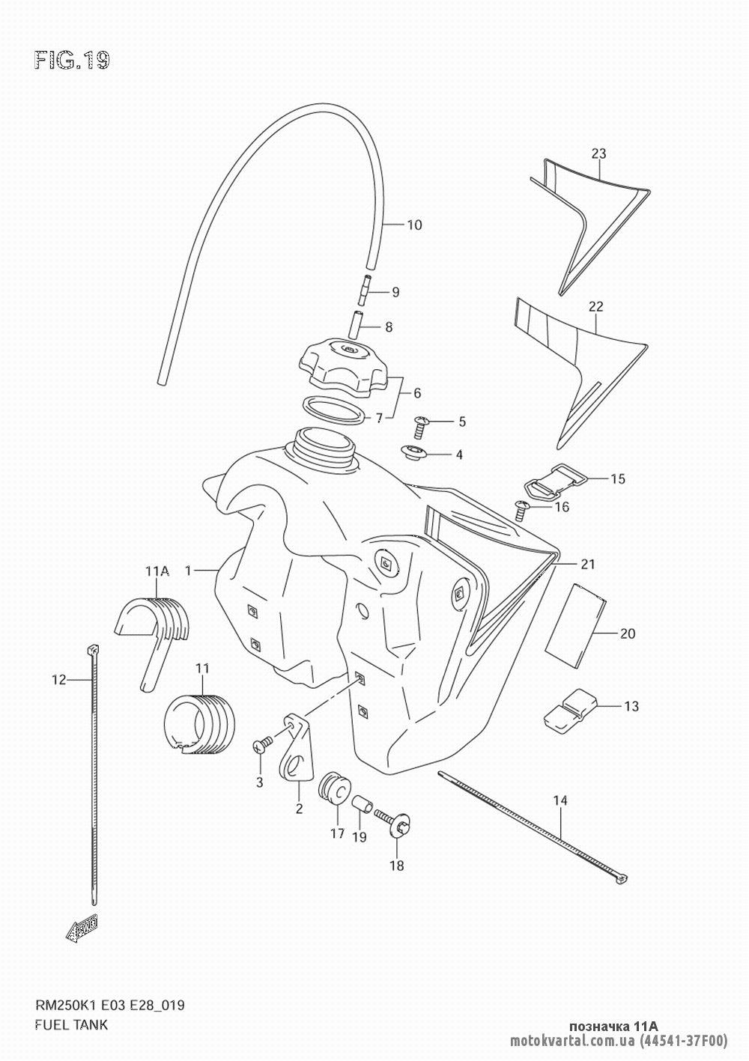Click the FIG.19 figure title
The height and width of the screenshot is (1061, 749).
pyautogui.click(x=72, y=61)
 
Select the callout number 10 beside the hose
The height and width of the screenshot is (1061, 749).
pyautogui.click(x=414, y=225)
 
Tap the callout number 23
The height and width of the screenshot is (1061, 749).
pyautogui.click(x=598, y=153)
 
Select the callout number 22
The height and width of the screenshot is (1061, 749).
pyautogui.click(x=595, y=307)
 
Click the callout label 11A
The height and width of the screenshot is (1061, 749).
pyautogui.click(x=157, y=571)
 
